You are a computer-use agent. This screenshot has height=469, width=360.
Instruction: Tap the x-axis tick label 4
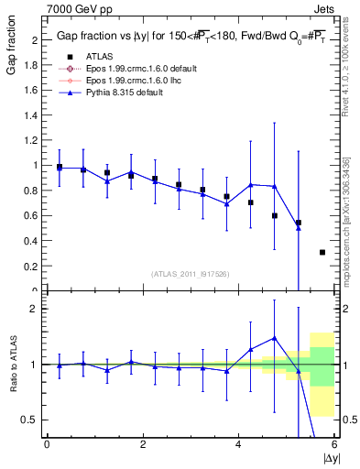pyautogui.click(x=238, y=445)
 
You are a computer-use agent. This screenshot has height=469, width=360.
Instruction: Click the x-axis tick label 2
pyautogui.click(x=143, y=445)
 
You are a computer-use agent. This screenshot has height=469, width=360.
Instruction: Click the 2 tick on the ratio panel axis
pyautogui.click(x=35, y=309)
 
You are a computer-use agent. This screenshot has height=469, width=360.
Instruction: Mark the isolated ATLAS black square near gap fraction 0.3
pyautogui.click(x=322, y=252)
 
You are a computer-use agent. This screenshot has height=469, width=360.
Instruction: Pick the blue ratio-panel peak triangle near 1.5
pyautogui.click(x=274, y=338)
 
